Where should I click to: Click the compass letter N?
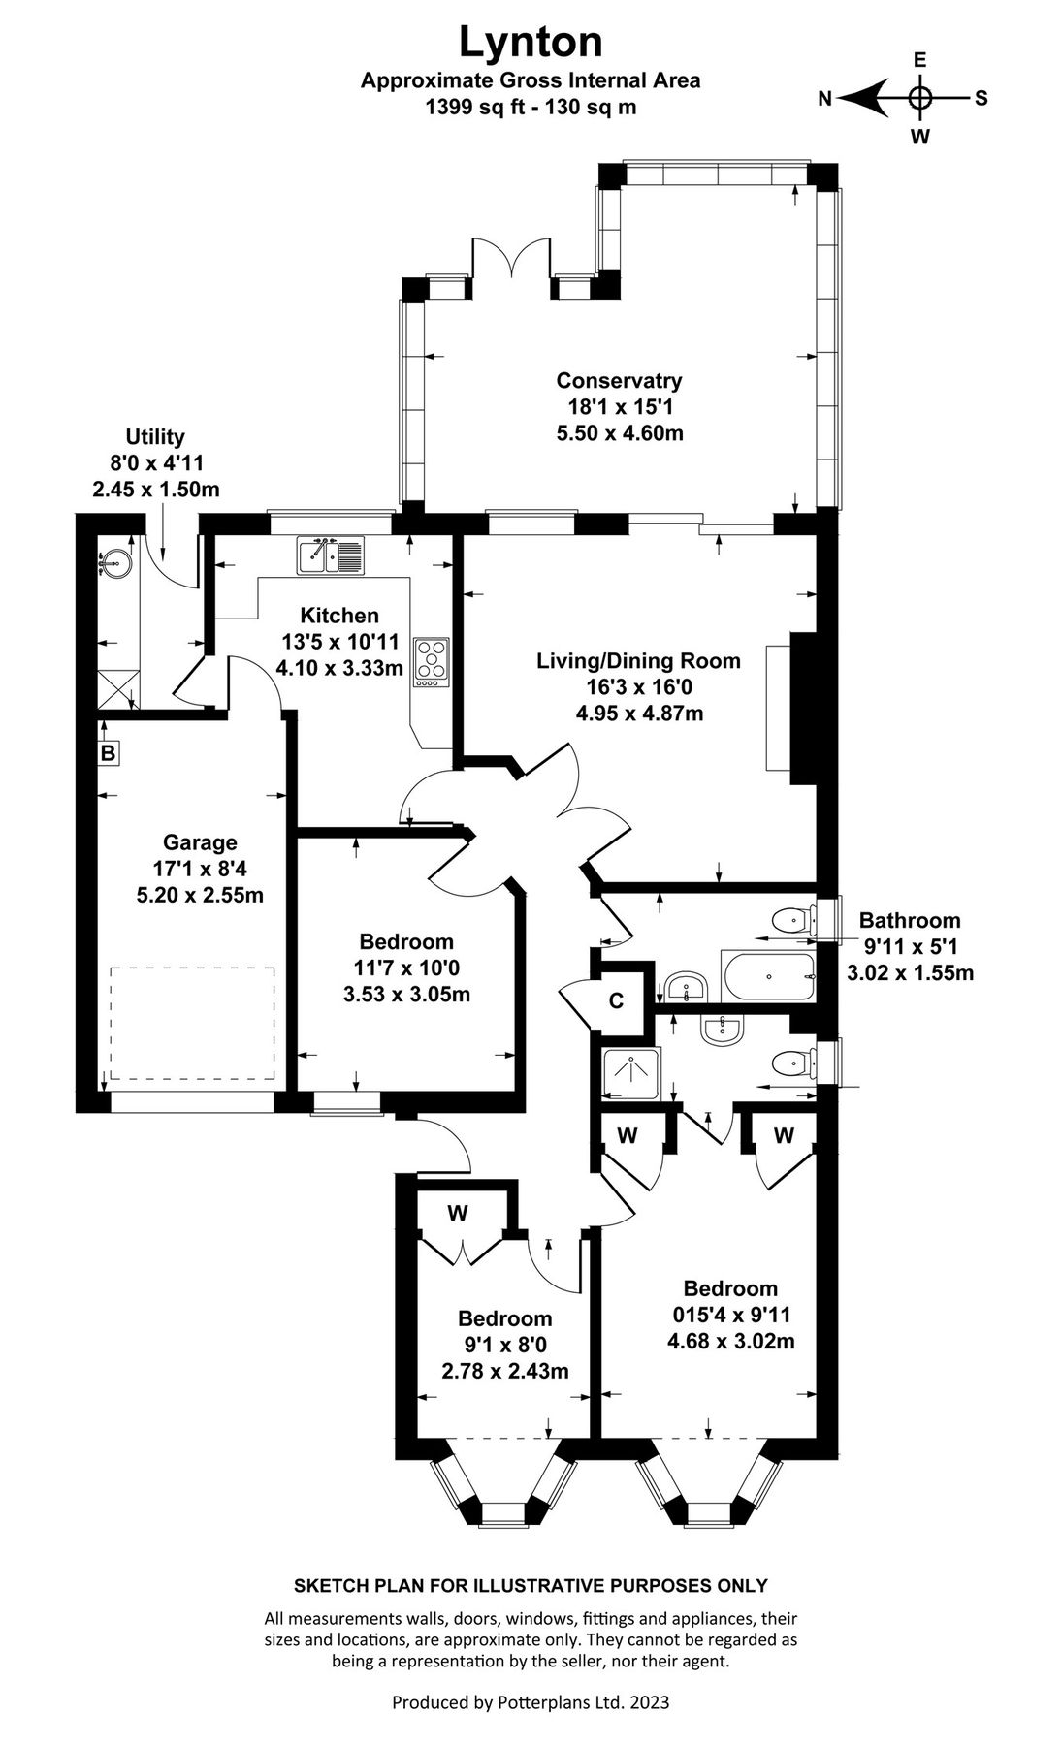825,98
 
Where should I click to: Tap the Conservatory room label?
619,381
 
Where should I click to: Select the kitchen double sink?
331,555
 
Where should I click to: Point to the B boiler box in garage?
108,752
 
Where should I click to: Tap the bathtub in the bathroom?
767,977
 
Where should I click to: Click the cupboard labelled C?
616,1000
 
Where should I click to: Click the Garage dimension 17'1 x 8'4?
199,869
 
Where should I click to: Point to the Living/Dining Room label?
638,661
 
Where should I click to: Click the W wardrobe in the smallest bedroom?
458,1213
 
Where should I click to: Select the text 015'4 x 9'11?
730,1316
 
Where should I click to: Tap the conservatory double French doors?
511,260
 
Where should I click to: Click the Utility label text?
155,437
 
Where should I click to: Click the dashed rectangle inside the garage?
191,1023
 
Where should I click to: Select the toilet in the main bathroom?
792,918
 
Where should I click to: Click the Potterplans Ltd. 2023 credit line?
531,1702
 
